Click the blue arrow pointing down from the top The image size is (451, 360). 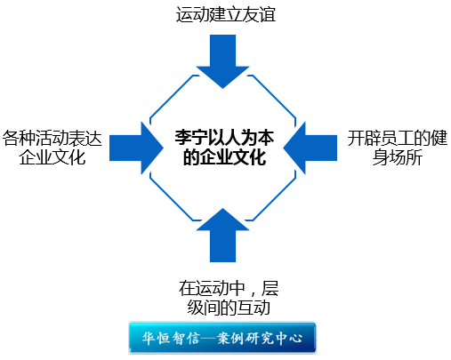pyautogui.click(x=222, y=60)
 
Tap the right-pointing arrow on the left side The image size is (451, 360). pyautogui.click(x=135, y=148)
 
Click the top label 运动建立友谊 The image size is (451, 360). pyautogui.click(x=226, y=14)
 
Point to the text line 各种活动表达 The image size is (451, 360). pyautogui.click(x=52, y=139)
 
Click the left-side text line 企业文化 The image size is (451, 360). pyautogui.click(x=52, y=157)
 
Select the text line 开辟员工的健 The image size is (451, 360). pyautogui.click(x=398, y=138)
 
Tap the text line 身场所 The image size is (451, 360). pyautogui.click(x=398, y=157)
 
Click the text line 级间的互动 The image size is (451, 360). pyautogui.click(x=229, y=308)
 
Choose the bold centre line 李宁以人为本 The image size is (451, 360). pyautogui.click(x=224, y=138)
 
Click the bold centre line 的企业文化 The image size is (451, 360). pyautogui.click(x=224, y=157)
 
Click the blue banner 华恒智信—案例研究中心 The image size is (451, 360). pyautogui.click(x=222, y=338)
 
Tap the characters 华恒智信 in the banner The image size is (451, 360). pyautogui.click(x=171, y=338)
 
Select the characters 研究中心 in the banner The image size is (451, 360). pyautogui.click(x=274, y=338)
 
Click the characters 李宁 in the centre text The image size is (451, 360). pyautogui.click(x=191, y=138)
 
